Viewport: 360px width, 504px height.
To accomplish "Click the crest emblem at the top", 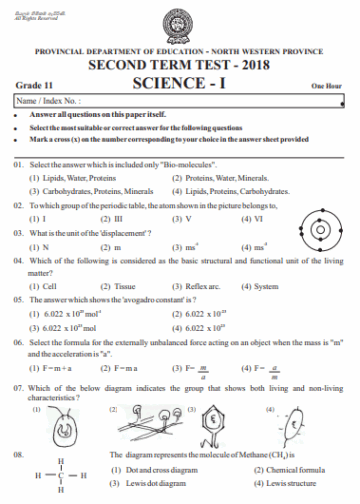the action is point(180,23).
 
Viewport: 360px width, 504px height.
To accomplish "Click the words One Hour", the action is point(327,86).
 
